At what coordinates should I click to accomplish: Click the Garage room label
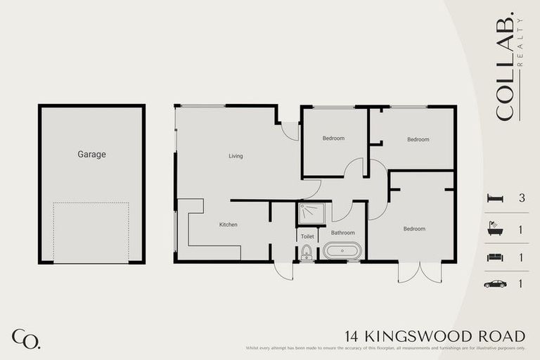tap(91, 154)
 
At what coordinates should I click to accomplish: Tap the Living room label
tap(236, 156)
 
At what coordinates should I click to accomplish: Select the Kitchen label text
tap(229, 225)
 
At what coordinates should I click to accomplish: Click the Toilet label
tap(307, 237)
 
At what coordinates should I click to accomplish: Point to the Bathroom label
tap(343, 233)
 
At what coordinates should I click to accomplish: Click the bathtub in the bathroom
tap(342, 251)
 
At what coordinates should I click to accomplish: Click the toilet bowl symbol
tap(307, 255)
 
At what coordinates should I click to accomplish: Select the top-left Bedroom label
tap(333, 139)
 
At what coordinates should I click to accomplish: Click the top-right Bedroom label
tap(418, 139)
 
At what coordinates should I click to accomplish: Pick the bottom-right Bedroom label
tap(414, 229)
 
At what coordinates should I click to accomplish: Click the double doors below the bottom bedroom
tap(420, 272)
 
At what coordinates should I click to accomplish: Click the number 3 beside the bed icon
tap(522, 199)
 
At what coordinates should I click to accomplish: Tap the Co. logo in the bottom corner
tap(26, 338)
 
